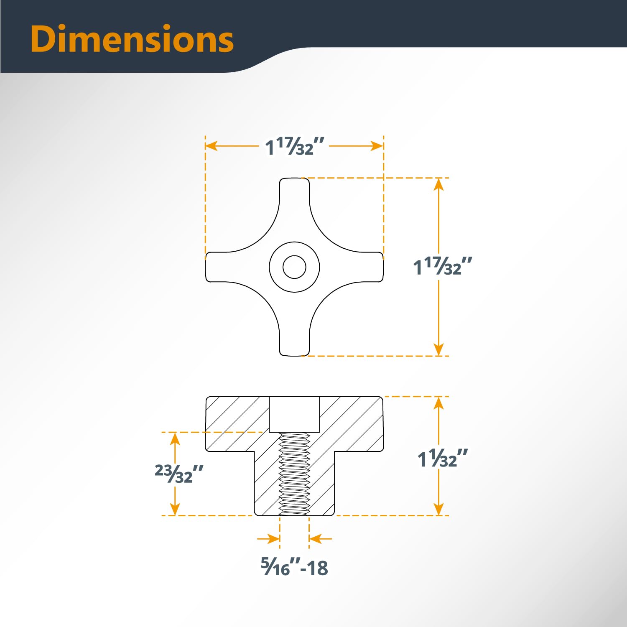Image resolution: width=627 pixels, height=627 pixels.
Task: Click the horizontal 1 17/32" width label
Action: pyautogui.click(x=295, y=146)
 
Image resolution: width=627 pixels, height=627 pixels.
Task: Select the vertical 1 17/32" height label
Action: pyautogui.click(x=442, y=266)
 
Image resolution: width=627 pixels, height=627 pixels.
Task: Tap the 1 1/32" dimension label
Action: pyautogui.click(x=442, y=459)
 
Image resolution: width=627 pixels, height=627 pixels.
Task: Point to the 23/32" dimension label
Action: pyautogui.click(x=179, y=474)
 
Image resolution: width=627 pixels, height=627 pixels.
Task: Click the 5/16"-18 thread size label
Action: pyautogui.click(x=295, y=567)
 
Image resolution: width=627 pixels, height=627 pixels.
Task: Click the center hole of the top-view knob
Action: pyautogui.click(x=294, y=267)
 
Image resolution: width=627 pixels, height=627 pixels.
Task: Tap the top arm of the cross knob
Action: pyautogui.click(x=294, y=196)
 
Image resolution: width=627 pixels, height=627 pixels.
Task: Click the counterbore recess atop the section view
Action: pyautogui.click(x=294, y=414)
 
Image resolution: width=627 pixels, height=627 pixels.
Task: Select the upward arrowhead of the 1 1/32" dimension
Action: pyautogui.click(x=438, y=403)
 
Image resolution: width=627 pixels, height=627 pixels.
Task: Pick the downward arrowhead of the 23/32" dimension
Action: pyautogui.click(x=175, y=509)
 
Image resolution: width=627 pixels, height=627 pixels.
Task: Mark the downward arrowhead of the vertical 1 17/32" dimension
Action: pyautogui.click(x=438, y=349)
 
